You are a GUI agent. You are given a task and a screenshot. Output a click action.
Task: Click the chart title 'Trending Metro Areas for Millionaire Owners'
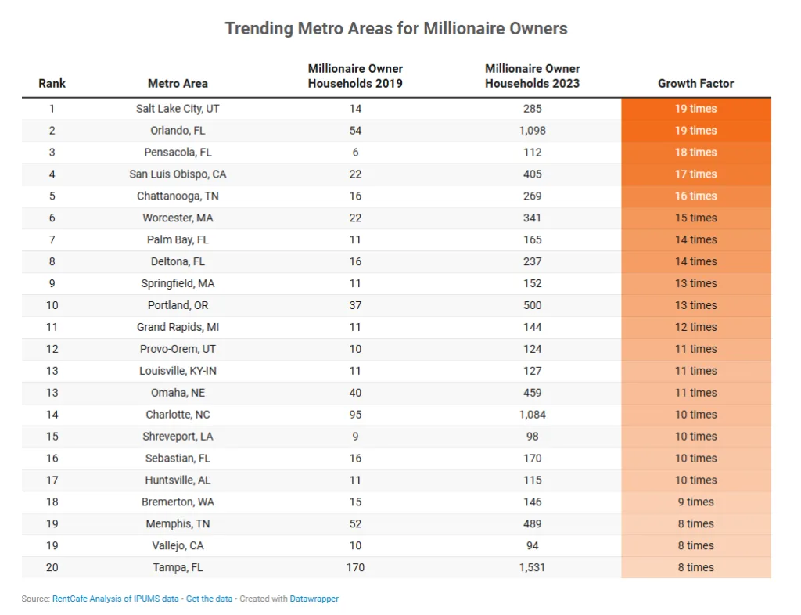pyautogui.click(x=396, y=29)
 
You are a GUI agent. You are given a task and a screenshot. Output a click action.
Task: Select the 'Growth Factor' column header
pyautogui.click(x=695, y=83)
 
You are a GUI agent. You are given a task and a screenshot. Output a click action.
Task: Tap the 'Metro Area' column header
pyautogui.click(x=178, y=83)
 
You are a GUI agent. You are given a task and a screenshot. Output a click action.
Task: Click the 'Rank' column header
pyautogui.click(x=52, y=83)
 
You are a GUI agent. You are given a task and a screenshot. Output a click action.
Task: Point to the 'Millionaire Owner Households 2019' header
pyautogui.click(x=355, y=76)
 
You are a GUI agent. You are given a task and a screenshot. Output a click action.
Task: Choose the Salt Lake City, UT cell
pyautogui.click(x=178, y=109)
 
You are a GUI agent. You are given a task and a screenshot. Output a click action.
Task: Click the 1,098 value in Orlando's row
pyautogui.click(x=532, y=131)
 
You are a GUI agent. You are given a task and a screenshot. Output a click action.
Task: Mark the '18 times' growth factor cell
pyautogui.click(x=695, y=153)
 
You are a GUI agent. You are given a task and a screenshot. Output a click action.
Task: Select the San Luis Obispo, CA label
pyautogui.click(x=178, y=174)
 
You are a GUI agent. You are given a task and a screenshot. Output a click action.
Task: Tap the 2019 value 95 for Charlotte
pyautogui.click(x=355, y=415)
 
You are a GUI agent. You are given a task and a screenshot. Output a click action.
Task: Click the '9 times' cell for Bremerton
pyautogui.click(x=695, y=502)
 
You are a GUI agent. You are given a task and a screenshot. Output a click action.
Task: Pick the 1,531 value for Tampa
pyautogui.click(x=532, y=567)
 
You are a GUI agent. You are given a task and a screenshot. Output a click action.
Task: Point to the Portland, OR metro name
pyautogui.click(x=178, y=305)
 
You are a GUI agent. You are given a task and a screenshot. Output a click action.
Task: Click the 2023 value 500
pyautogui.click(x=532, y=305)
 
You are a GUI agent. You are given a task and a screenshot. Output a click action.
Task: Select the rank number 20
pyautogui.click(x=52, y=567)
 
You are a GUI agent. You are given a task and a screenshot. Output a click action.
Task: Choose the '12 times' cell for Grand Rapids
pyautogui.click(x=695, y=327)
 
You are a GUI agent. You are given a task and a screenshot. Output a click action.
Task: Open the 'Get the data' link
pyautogui.click(x=209, y=599)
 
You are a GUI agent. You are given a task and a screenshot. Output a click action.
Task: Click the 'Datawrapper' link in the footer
pyautogui.click(x=314, y=599)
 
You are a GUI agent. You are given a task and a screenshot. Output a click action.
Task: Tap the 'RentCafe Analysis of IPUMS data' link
pyautogui.click(x=115, y=599)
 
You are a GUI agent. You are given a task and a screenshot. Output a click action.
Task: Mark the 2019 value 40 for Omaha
pyautogui.click(x=355, y=393)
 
